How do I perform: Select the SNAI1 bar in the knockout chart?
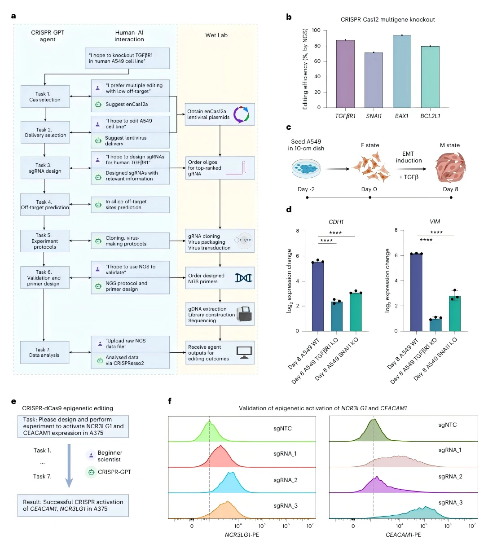[x=374, y=80]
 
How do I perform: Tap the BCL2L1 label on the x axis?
[x=430, y=116]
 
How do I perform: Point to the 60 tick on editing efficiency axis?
[x=317, y=61]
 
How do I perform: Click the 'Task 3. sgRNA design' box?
[x=45, y=168]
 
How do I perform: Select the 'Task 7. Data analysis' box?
[x=44, y=352]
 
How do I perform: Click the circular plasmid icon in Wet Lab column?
[x=241, y=114]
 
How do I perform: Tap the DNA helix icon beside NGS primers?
[x=244, y=278]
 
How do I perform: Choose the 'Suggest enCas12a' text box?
[x=130, y=104]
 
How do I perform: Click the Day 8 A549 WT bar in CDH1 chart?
[x=318, y=296]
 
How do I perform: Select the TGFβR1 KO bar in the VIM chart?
[x=435, y=324]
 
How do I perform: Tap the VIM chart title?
[x=435, y=221]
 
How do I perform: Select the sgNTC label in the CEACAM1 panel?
[x=447, y=425]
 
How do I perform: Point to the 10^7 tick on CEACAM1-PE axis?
[x=472, y=526]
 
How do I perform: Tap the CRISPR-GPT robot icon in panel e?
[x=91, y=472]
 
